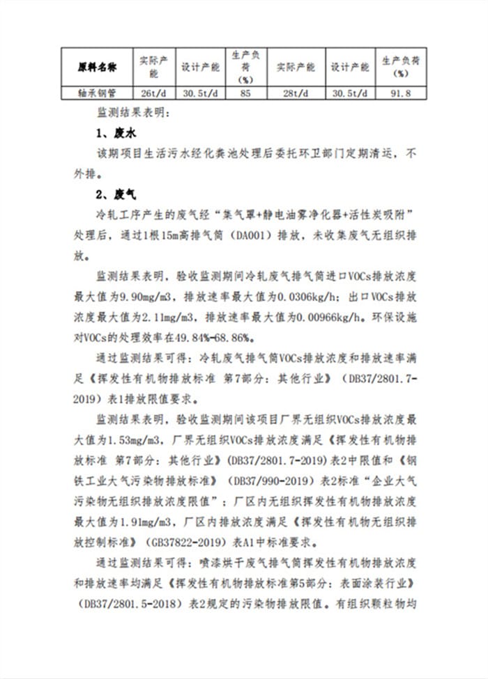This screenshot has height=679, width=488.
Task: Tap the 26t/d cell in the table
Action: click(152, 93)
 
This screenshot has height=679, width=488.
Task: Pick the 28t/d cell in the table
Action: click(296, 93)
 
